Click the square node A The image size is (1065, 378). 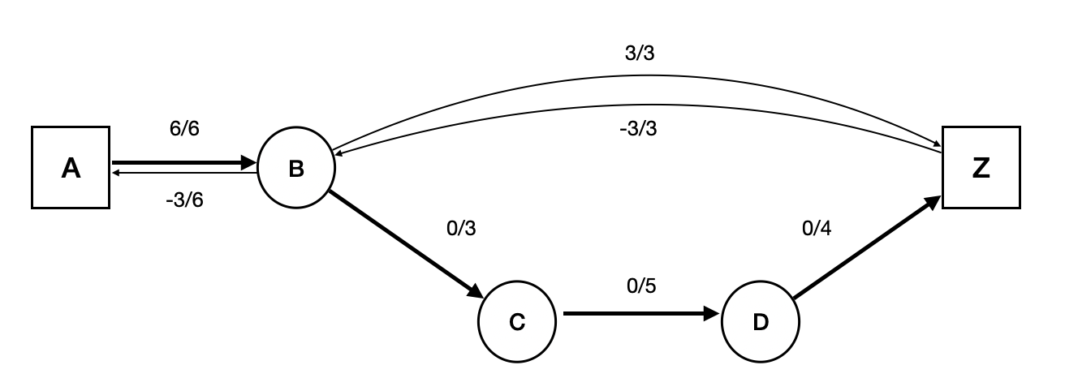point(71,168)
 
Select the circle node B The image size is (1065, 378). point(296,169)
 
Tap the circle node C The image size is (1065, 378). point(517,322)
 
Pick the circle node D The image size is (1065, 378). point(761,322)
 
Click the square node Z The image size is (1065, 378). point(981,168)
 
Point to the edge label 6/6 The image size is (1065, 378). point(184,130)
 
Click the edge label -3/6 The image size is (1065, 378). point(184,200)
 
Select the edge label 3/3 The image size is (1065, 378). point(639,54)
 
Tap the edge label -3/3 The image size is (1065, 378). point(639,128)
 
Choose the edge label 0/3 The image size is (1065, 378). point(461,229)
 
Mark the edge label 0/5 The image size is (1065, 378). point(641,286)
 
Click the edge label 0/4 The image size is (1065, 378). point(817,230)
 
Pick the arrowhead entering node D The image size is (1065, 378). point(712,313)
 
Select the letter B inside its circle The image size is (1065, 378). point(296,169)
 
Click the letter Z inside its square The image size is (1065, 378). point(981,168)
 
